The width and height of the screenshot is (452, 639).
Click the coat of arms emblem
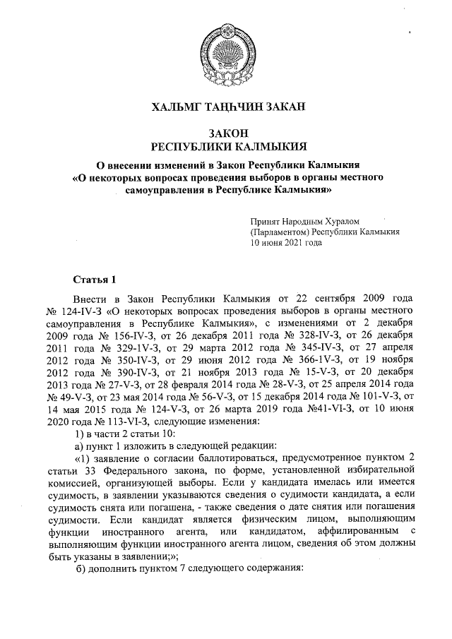tap(225, 52)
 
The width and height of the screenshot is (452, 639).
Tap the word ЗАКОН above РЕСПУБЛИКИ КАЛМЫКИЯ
tap(225, 133)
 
